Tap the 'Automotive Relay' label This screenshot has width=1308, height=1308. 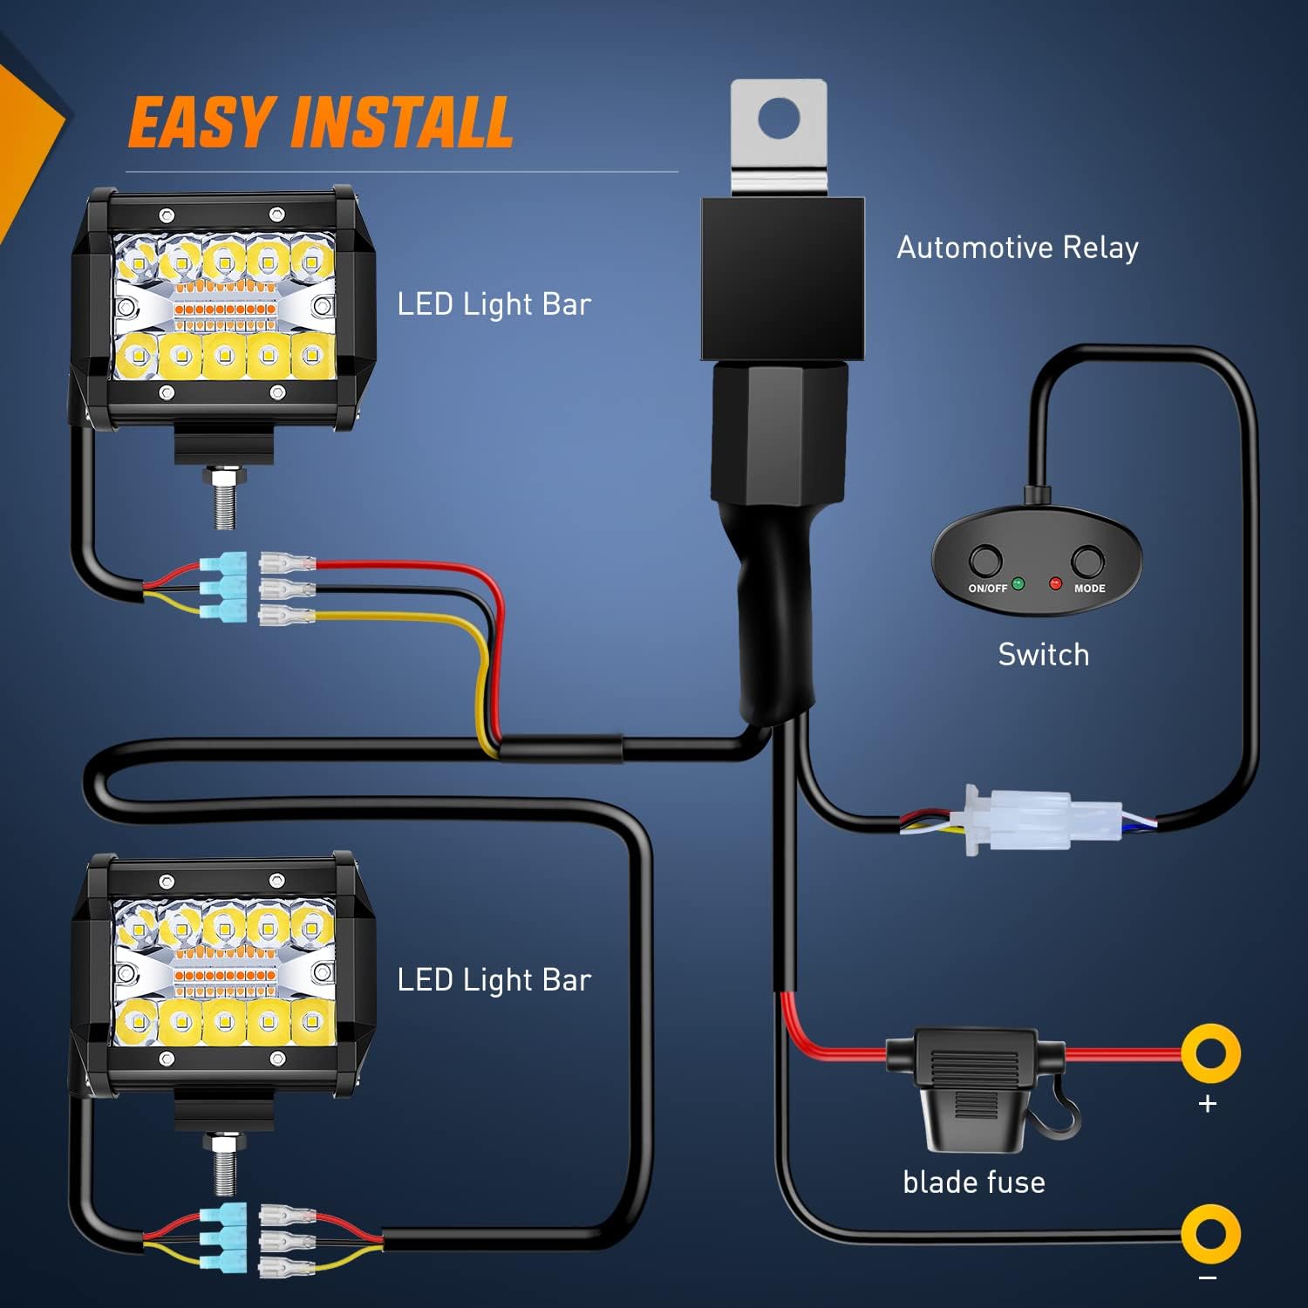pos(1018,248)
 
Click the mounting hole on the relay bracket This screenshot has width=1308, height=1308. pos(779,118)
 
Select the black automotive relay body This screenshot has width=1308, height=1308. pos(782,277)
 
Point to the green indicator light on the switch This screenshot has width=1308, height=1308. pos(1018,583)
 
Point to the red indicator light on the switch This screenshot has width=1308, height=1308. pos(1055,583)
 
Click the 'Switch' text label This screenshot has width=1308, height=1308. pos(1043,655)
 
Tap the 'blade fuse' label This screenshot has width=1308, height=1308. pos(973,1182)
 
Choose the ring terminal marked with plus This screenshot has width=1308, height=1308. pos(1211,1053)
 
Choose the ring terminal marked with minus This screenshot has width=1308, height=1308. pos(1211,1234)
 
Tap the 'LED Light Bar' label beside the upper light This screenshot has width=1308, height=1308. pos(494,304)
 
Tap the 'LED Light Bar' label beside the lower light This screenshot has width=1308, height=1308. pos(494,980)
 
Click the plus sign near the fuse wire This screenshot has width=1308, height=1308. pos(1208,1104)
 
